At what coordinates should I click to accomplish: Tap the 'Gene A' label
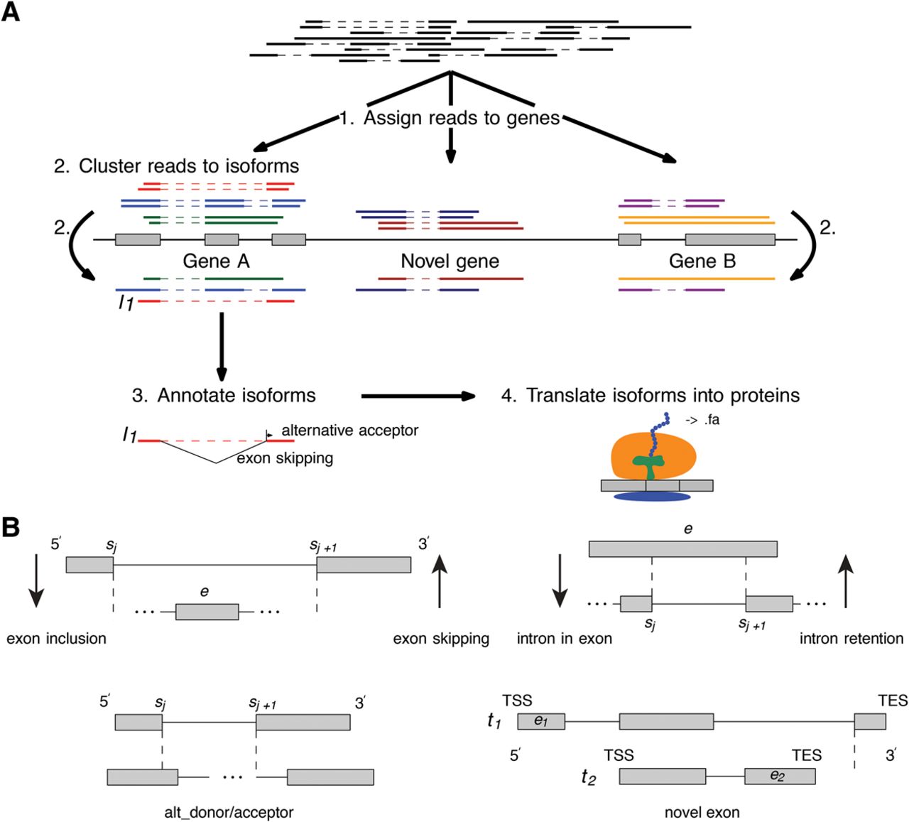[216, 261]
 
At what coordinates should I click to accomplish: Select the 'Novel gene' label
[450, 261]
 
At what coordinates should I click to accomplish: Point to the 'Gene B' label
[702, 261]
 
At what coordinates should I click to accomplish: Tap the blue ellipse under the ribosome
[652, 496]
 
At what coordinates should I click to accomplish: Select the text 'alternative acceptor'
[349, 431]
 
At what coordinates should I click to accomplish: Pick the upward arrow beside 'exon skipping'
[440, 582]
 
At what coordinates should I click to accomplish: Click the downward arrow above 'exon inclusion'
[36, 582]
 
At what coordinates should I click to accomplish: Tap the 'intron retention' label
[851, 639]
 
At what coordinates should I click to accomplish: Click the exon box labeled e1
[541, 722]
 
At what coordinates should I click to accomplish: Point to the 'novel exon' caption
[702, 812]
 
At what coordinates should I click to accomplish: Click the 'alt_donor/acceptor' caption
[229, 812]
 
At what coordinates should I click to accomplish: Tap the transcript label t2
[588, 777]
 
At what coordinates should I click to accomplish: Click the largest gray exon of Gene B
[729, 239]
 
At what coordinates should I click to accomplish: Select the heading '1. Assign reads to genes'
[450, 118]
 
